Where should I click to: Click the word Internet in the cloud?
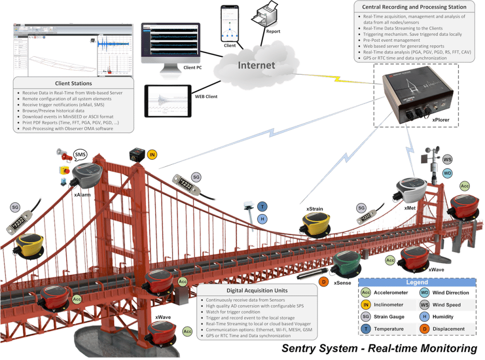pyautogui.click(x=256, y=65)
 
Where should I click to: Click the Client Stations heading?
pyautogui.click(x=73, y=83)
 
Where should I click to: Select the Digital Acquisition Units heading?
pyautogui.click(x=257, y=290)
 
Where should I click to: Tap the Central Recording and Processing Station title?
pyautogui.click(x=413, y=7)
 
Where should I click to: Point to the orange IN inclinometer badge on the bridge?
pyautogui.click(x=152, y=154)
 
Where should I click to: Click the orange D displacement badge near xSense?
pyautogui.click(x=324, y=282)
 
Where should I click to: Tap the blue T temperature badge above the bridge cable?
pyautogui.click(x=262, y=207)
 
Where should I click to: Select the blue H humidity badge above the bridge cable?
pyautogui.click(x=262, y=219)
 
